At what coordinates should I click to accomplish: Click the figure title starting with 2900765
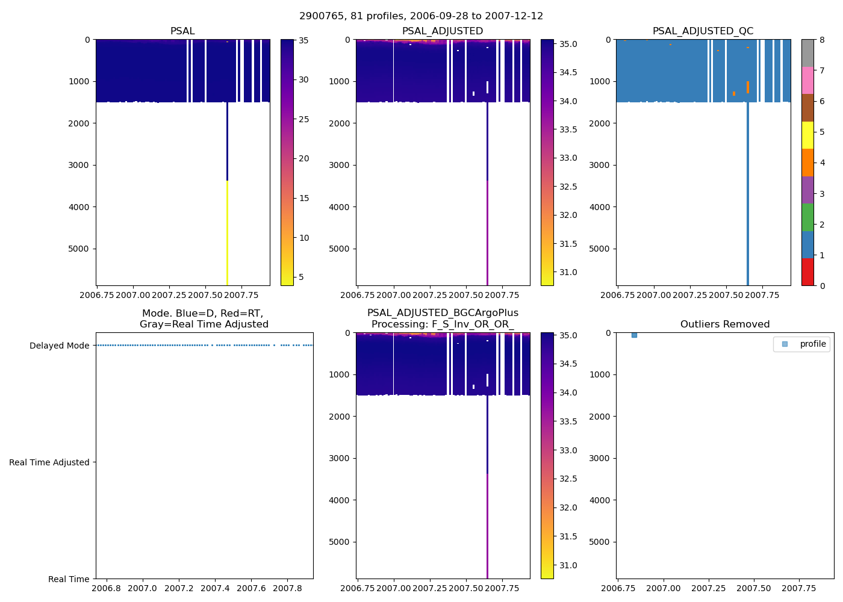[x=421, y=16]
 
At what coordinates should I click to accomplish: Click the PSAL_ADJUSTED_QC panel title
[x=703, y=31]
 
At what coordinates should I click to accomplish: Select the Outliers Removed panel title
[x=724, y=324]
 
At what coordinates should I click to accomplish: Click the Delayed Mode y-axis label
[x=59, y=346]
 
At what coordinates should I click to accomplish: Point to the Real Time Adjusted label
[x=49, y=462]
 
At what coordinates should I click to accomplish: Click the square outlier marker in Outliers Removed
[x=634, y=335]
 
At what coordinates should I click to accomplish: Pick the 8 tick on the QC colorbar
[x=822, y=40]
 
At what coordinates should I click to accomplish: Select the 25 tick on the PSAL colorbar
[x=303, y=119]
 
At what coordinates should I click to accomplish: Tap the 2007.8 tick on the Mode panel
[x=287, y=588]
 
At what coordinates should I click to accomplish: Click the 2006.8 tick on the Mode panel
[x=106, y=588]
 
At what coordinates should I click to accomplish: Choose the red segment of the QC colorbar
[x=807, y=272]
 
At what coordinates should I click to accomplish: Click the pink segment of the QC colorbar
[x=807, y=80]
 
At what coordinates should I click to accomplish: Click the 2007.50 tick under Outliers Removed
[x=754, y=588]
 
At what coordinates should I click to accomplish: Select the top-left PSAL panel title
[x=182, y=31]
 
